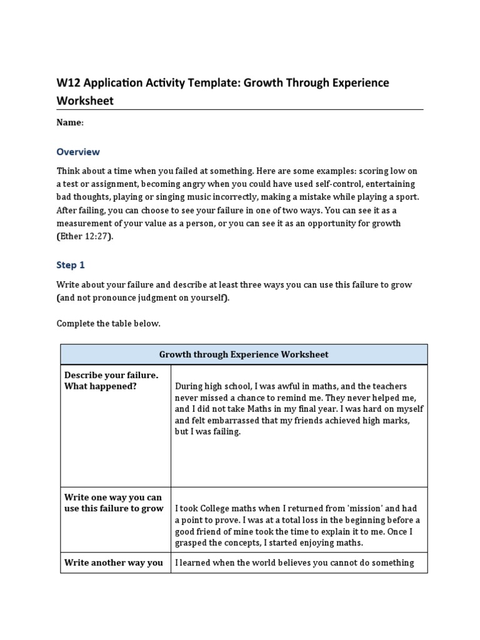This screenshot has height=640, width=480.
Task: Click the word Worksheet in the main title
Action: (x=85, y=101)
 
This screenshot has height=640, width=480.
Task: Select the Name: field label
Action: (x=70, y=122)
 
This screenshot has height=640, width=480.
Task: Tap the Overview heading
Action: (x=78, y=152)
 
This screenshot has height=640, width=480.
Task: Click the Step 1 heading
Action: (x=71, y=265)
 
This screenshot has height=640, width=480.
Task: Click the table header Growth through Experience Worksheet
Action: (x=244, y=354)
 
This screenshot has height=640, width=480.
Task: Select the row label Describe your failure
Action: (x=111, y=375)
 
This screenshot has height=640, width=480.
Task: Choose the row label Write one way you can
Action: (x=113, y=497)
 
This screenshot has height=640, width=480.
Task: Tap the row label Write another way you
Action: (x=113, y=562)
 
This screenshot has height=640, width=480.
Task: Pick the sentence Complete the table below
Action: (x=109, y=323)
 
